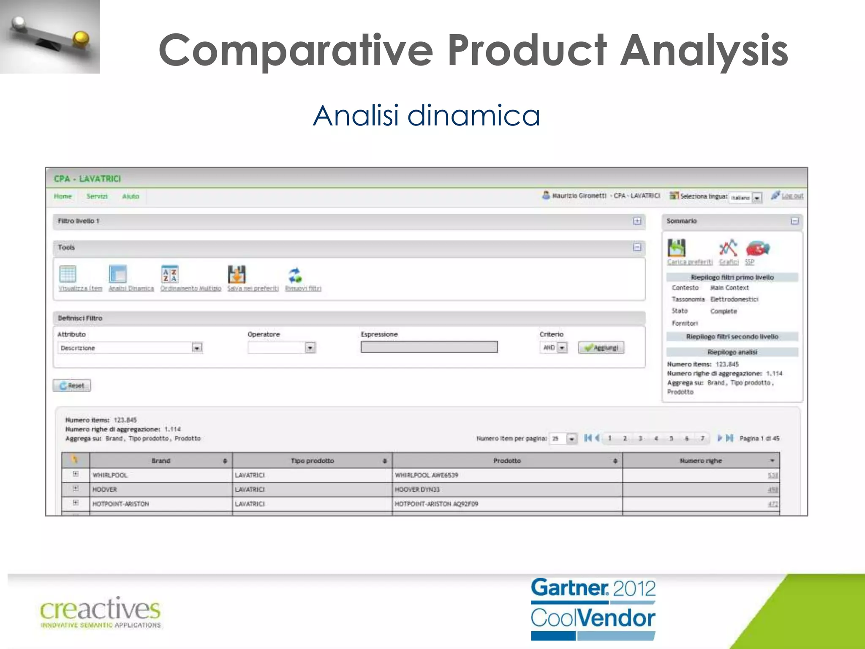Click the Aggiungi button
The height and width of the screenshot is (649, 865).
(601, 348)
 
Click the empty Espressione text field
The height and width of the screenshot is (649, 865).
(429, 347)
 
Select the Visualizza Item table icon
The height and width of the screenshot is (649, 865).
(68, 274)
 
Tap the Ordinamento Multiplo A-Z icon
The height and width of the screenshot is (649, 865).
(170, 274)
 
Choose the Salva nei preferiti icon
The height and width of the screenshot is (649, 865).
(237, 274)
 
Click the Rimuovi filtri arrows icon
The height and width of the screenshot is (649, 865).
(295, 275)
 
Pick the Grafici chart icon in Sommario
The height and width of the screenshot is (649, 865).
(728, 248)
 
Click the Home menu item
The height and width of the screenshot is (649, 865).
(63, 196)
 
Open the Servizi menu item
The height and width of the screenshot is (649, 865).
(97, 196)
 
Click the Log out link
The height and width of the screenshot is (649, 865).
(792, 196)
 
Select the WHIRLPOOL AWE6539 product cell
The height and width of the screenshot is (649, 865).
(426, 475)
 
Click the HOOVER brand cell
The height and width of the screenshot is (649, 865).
(105, 490)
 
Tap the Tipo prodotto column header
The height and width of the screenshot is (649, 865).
(312, 461)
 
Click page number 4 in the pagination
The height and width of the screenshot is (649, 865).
(656, 439)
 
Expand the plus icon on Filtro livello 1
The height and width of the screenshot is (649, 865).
(637, 221)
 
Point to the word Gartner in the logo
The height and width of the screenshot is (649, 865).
(569, 588)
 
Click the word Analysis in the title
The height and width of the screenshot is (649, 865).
(704, 51)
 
